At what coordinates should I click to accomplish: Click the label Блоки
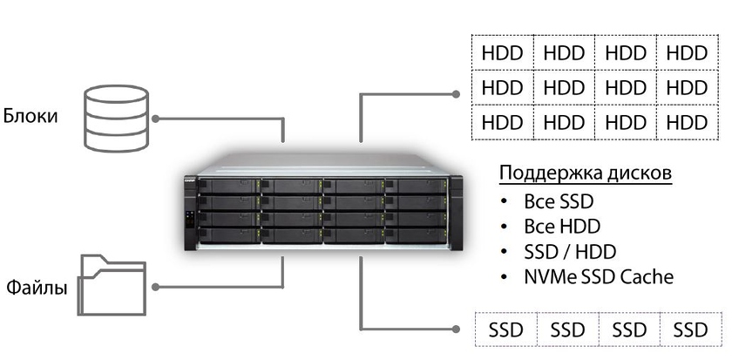pos(30,114)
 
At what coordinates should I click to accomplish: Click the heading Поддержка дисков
pos(585,173)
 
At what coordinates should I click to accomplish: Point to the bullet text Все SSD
pos(559,201)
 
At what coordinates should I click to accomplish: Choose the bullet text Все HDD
pos(561,227)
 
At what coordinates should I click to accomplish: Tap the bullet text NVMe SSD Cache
pos(599,277)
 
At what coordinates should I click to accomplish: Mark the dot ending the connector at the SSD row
pos(455,329)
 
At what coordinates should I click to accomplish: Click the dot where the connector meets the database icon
pos(154,117)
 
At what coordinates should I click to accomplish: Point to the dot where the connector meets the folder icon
pos(154,285)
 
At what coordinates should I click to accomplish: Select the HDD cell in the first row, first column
pos(503,53)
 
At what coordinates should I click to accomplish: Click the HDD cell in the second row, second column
pos(564,86)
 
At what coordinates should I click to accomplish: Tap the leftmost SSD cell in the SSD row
pos(505,329)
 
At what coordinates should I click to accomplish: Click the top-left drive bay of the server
pos(229,186)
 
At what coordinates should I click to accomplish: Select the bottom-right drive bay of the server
pos(416,234)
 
